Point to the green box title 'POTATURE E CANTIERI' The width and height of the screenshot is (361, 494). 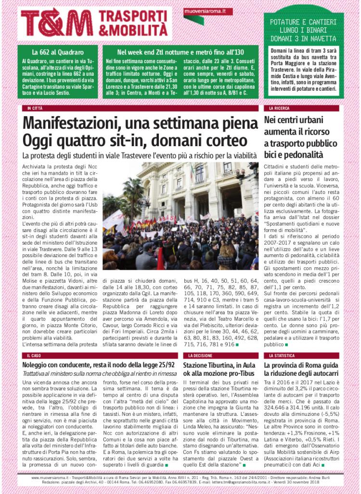(x=303, y=22)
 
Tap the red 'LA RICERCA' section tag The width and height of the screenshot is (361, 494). (x=279, y=108)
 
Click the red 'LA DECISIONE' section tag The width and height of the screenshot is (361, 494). (x=199, y=355)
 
